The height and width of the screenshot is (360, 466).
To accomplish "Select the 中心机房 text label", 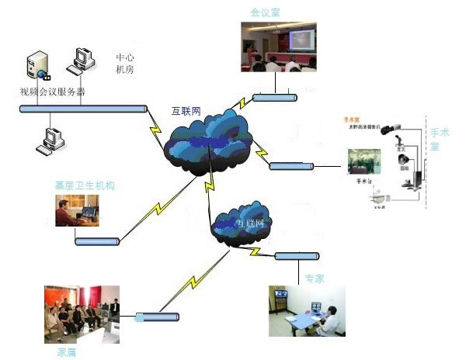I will click(126, 64).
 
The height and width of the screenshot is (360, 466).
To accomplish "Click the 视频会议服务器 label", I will click(53, 92).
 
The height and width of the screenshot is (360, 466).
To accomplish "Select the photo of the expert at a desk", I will click(308, 311).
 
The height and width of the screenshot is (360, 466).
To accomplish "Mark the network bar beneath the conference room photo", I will click(275, 98).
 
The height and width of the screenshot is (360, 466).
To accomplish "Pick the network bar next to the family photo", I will click(158, 317).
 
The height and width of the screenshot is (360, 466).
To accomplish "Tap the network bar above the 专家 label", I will click(296, 255).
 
